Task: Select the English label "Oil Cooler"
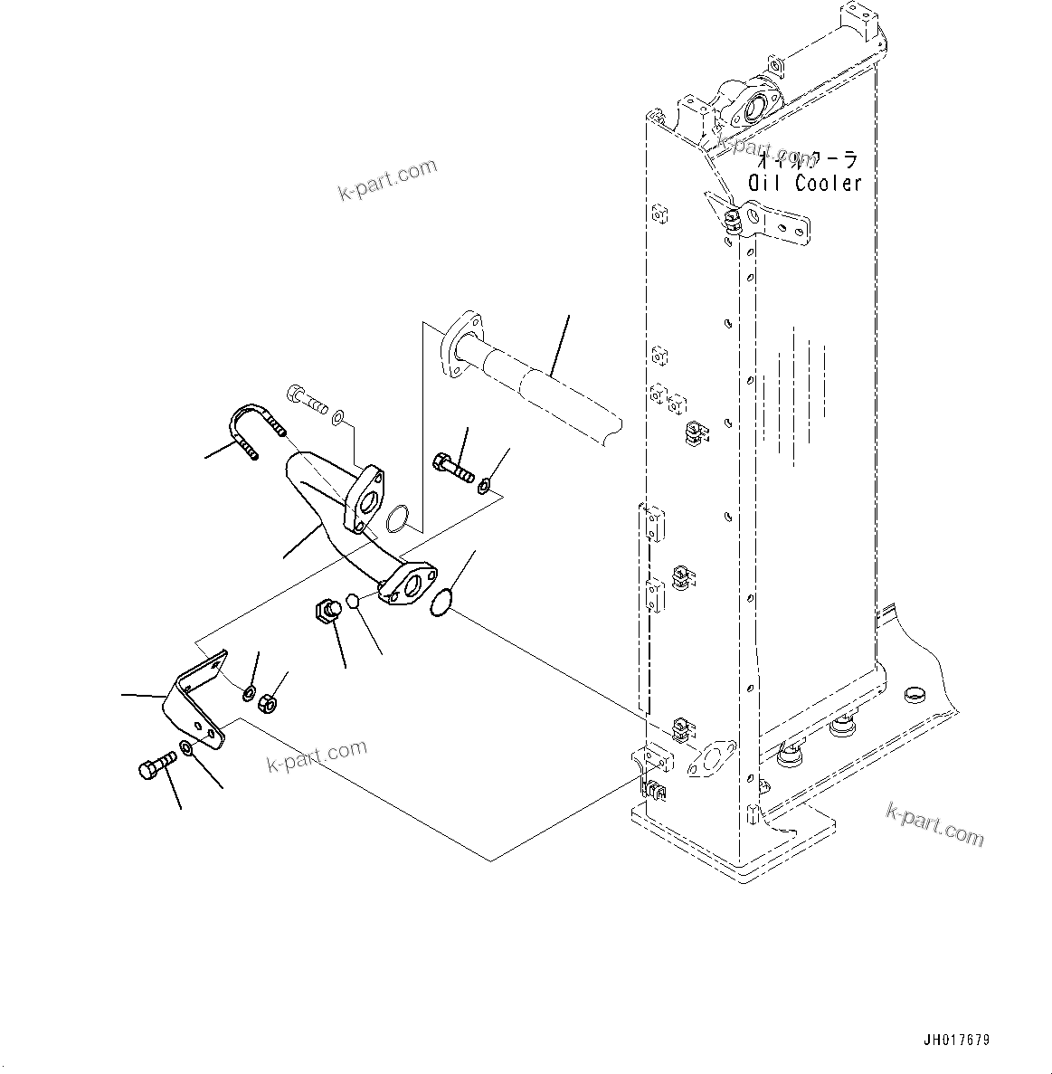(804, 184)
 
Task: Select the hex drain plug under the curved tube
(327, 611)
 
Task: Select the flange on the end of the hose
(460, 342)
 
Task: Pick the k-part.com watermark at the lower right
(934, 823)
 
